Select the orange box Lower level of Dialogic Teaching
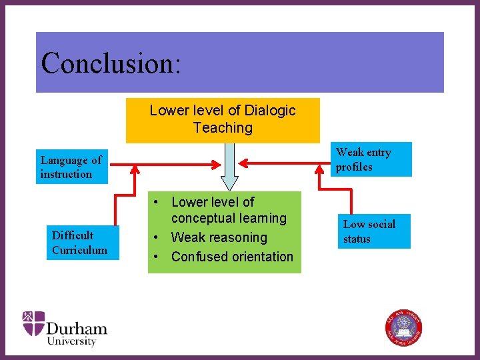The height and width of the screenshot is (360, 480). pos(223,120)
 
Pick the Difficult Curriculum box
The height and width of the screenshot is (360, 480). pos(85,243)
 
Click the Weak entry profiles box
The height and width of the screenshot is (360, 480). pos(373,159)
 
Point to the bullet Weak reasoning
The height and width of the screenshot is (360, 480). pos(219,237)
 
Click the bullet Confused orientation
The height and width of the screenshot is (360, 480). pos(232,257)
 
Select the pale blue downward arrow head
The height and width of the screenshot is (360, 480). pos(229,181)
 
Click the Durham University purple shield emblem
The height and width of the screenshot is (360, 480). pos(33,323)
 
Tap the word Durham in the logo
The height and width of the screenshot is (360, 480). pos(77,328)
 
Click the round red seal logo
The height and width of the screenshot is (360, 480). pos(404,327)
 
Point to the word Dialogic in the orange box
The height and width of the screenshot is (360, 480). pos(270,111)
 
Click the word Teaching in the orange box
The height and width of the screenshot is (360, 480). pos(223,128)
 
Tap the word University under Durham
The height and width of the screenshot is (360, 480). pos(71,341)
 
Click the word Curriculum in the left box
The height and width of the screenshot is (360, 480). pos(79,251)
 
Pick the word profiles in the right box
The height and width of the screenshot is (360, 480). pos(354,167)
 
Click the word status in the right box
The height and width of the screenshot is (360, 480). pos(357,239)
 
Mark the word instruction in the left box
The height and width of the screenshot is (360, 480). pos(66,175)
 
